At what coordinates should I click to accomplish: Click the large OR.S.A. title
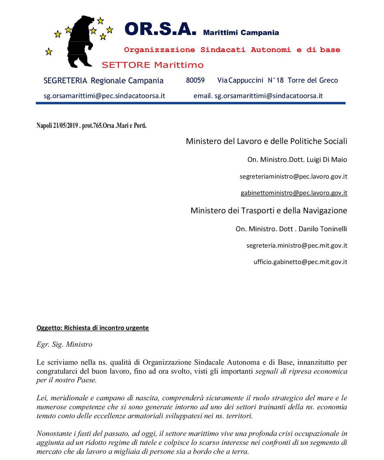(x=160, y=29)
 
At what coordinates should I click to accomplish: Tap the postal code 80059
(x=195, y=80)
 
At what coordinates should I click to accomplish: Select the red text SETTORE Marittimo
(x=153, y=65)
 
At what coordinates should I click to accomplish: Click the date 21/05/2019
(x=65, y=126)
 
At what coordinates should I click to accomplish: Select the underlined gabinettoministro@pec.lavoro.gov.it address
(x=294, y=193)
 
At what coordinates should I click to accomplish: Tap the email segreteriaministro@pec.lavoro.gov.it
(x=293, y=176)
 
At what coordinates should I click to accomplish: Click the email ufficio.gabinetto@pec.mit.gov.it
(x=300, y=262)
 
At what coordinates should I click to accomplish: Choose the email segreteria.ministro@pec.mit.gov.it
(x=297, y=245)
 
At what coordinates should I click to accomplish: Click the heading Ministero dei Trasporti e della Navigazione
(x=268, y=210)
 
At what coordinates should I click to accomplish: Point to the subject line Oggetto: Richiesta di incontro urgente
(x=93, y=328)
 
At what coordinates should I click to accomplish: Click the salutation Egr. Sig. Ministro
(x=64, y=345)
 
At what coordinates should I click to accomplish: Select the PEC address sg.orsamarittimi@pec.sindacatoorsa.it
(x=104, y=96)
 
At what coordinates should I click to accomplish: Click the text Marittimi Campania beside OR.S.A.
(x=241, y=33)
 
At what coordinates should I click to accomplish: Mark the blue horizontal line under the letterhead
(x=190, y=103)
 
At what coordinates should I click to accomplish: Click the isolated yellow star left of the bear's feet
(x=49, y=52)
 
